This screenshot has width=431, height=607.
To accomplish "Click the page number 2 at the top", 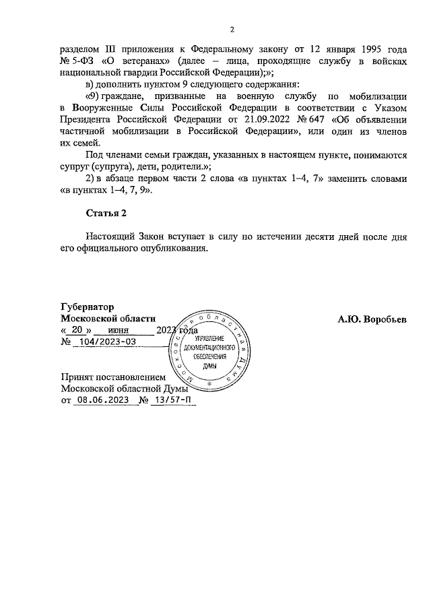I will tap(232, 29).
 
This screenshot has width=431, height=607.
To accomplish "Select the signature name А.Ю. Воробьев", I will tap(372, 319).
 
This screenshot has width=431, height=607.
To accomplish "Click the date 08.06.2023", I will tap(102, 400).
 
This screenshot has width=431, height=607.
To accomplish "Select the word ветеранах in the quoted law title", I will tap(146, 61).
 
